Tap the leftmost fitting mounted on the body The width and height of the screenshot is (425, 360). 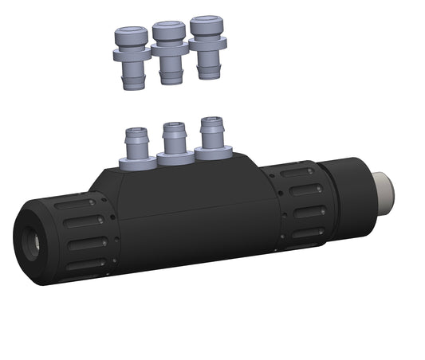pos(136,148)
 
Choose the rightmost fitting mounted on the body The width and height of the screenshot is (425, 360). pos(211,138)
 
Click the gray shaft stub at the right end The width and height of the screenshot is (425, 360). pos(385,188)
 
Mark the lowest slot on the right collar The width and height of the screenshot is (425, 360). pos(306,233)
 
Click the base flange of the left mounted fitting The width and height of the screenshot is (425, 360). pos(136,162)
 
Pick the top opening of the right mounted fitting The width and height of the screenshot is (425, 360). pos(211,122)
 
